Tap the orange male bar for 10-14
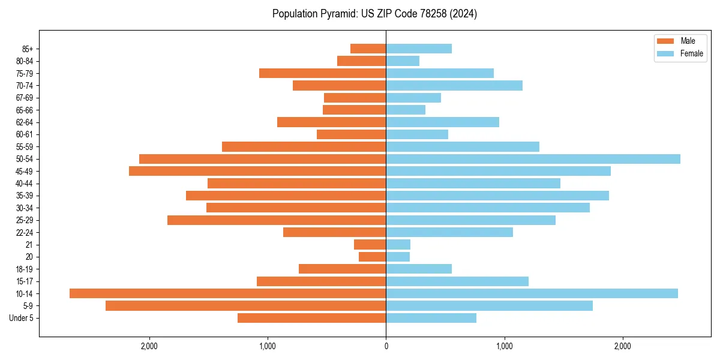coord(228,293)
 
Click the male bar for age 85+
coord(368,49)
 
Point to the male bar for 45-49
coord(257,171)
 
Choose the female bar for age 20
coord(398,257)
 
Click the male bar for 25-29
coord(277,220)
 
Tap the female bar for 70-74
coord(454,86)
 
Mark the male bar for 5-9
coord(246,306)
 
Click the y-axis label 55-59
coord(25,147)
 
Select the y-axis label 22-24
coord(25,232)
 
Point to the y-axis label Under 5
coord(22,318)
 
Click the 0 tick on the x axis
coord(386,346)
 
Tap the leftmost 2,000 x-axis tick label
coord(149,346)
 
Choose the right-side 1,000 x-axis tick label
coord(504,346)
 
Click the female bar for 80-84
coord(403,61)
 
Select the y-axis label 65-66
coord(25,110)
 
